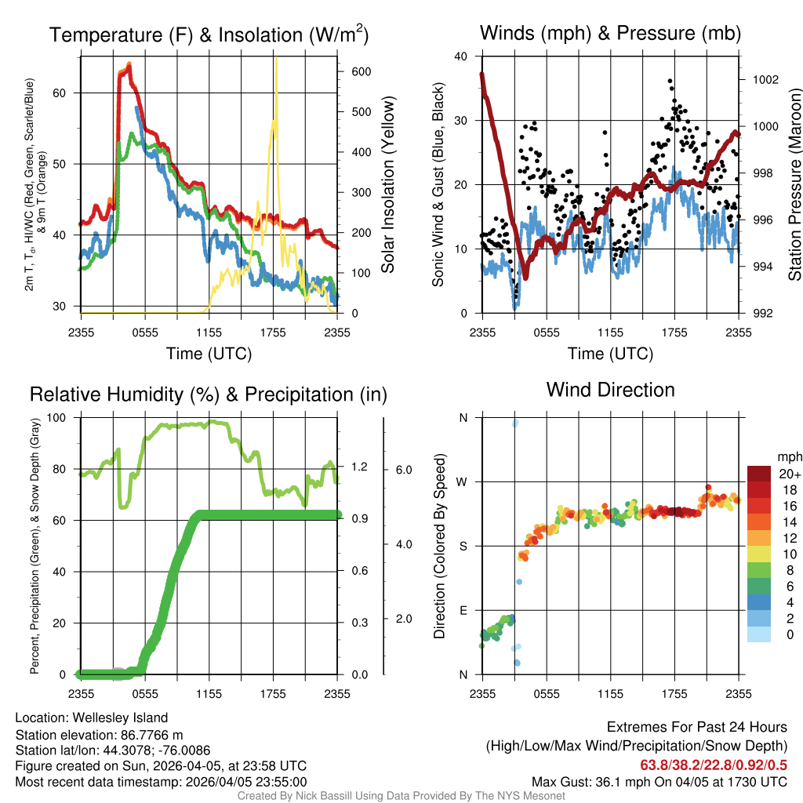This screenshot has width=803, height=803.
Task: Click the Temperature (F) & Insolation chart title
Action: click(x=209, y=35)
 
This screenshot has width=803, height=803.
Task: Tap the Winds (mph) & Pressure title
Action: click(x=610, y=33)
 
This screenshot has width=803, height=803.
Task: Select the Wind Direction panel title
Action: click(x=610, y=390)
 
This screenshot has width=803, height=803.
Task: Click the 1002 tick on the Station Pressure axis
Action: click(x=765, y=80)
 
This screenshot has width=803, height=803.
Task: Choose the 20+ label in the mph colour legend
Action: click(x=790, y=474)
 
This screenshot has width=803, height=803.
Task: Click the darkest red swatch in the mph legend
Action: click(x=759, y=473)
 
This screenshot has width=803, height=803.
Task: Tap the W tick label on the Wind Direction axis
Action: click(x=463, y=481)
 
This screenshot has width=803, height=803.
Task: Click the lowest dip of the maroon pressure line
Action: click(x=525, y=277)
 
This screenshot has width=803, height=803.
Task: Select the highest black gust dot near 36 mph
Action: click(x=670, y=81)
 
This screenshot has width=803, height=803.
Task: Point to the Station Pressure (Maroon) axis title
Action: click(x=794, y=185)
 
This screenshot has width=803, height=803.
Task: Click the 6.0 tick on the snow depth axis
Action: click(x=404, y=469)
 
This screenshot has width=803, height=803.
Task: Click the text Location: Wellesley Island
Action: click(x=91, y=718)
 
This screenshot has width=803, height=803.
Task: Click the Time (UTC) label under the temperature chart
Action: click(x=209, y=354)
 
